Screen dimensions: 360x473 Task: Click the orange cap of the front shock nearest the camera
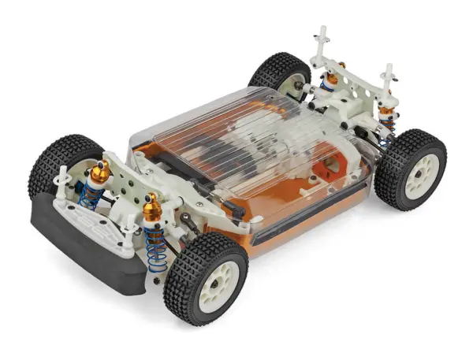151,208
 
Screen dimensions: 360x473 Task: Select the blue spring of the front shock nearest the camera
157,247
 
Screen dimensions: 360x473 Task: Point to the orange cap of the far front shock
100,171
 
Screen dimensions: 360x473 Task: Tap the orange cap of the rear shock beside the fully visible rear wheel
386,102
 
